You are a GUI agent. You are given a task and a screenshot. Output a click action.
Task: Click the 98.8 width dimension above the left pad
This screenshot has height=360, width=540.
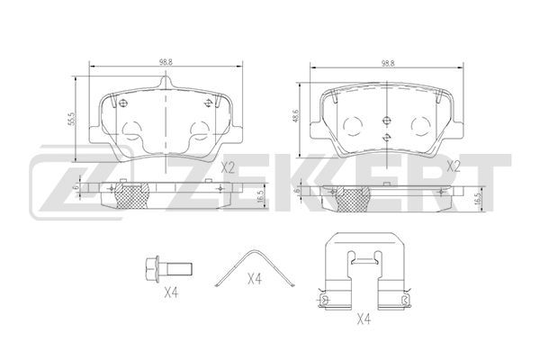(166, 62)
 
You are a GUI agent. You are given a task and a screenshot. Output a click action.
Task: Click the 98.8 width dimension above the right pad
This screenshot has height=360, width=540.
(387, 63)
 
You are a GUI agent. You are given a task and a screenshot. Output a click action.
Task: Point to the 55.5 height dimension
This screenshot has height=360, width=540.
(72, 119)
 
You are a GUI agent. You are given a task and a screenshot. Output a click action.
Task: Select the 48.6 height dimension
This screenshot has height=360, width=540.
(296, 116)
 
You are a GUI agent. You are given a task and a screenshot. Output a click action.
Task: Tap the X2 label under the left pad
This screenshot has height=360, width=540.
(228, 167)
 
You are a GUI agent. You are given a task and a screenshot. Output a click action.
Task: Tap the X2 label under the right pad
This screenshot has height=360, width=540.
(454, 166)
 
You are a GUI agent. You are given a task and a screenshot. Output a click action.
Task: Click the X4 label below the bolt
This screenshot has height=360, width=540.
(171, 293)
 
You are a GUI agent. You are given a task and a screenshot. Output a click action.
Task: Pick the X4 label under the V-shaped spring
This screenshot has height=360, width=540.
(255, 279)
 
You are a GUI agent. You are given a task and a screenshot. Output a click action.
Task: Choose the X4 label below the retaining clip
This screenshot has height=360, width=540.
(364, 319)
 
